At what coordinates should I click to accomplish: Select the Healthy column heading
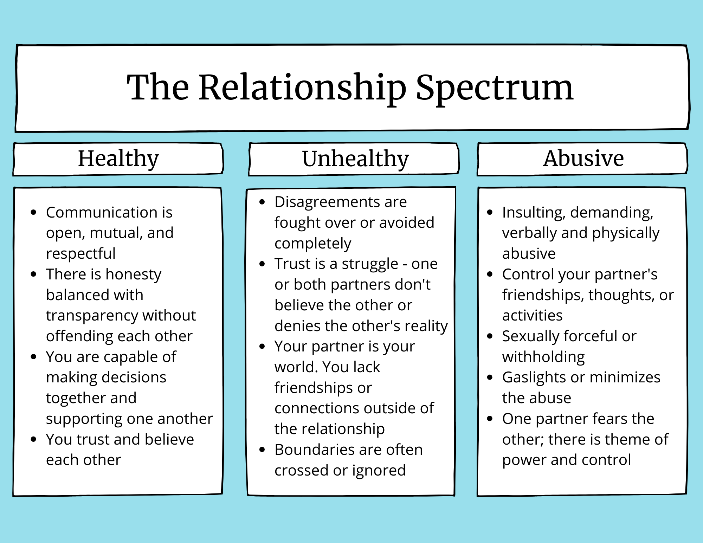point(118,159)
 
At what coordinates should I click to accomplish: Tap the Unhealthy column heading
point(355,159)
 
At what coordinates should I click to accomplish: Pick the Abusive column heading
point(583,158)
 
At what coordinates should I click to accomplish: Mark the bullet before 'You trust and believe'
point(34,439)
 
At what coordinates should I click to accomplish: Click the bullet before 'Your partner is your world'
point(262,347)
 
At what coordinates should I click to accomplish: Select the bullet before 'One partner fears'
point(490,419)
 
